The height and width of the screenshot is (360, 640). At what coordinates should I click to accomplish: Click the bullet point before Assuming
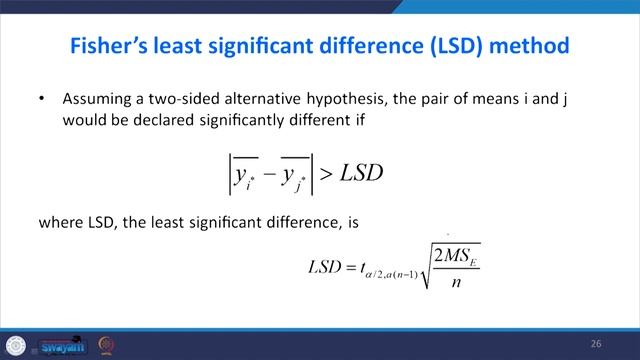pos(41,100)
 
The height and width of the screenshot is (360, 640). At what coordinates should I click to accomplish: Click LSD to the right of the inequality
pos(362,173)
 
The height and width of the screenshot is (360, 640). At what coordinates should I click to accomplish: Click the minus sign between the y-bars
pos(268,174)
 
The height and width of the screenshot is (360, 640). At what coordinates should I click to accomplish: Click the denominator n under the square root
pos(458,281)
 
